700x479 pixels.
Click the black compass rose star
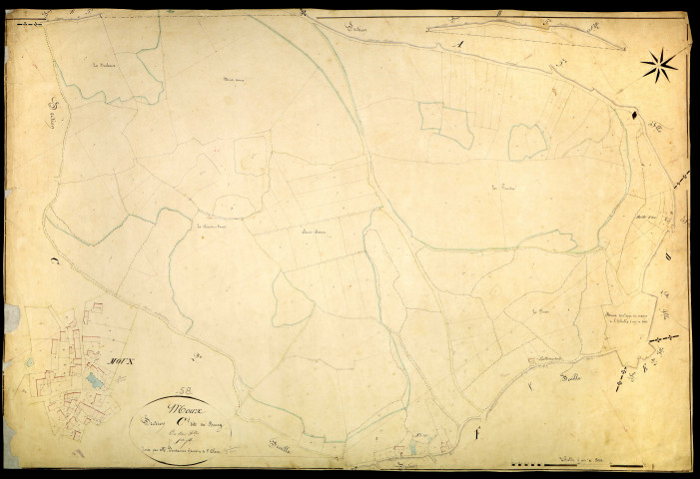point(659,67)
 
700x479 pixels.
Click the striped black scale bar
point(544,464)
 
